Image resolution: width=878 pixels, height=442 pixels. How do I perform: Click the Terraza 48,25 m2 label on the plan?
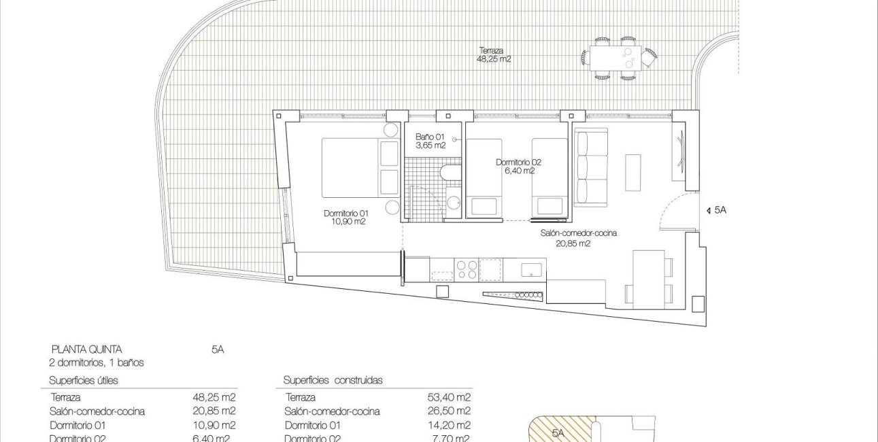[494, 54]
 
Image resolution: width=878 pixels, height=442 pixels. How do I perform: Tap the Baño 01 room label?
[430, 140]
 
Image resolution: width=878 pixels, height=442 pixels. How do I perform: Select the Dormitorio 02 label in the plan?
[519, 167]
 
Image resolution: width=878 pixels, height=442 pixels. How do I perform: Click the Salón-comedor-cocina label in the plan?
[578, 237]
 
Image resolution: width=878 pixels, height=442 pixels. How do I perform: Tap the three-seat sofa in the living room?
[590, 167]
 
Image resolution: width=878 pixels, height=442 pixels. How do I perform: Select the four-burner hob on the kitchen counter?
[467, 269]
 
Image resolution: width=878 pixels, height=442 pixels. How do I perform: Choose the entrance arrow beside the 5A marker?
[708, 211]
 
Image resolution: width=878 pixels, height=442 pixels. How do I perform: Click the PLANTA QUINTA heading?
[86, 350]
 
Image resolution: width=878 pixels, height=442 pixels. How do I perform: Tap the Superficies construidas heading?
[333, 380]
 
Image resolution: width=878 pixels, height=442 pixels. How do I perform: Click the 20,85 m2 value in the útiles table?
[214, 411]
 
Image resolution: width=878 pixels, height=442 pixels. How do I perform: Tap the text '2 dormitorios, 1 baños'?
[96, 362]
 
